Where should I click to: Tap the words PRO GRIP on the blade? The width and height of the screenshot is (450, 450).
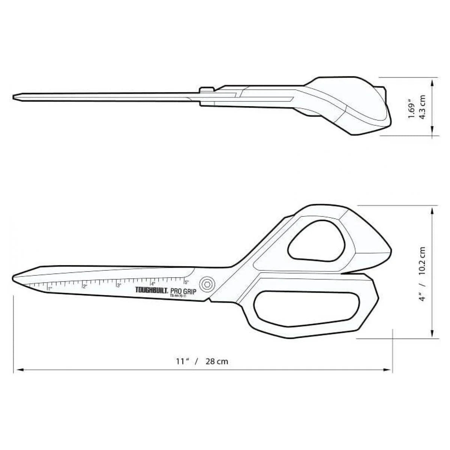point(183,291)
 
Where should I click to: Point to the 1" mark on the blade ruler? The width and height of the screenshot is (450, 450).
point(49,288)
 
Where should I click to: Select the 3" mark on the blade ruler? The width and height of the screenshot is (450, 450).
point(119,285)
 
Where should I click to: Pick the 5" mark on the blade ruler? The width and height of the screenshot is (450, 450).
point(187,282)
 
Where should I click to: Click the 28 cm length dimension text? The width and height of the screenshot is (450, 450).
point(217,361)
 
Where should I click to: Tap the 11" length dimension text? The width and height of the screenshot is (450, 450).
point(182,361)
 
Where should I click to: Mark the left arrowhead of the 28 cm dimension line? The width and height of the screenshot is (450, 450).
point(16,370)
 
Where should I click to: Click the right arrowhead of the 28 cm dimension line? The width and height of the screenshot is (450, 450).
point(390,370)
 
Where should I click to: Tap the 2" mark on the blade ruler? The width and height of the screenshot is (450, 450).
point(85,286)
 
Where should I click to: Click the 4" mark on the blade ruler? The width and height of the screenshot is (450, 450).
point(153,283)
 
